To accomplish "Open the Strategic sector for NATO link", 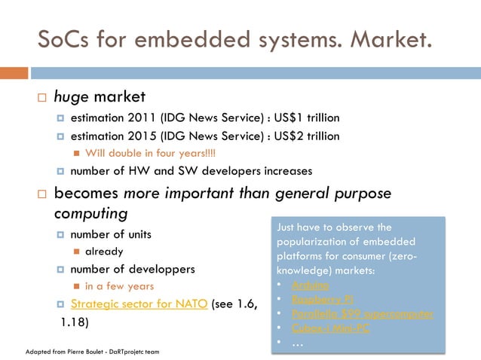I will [x=139, y=304].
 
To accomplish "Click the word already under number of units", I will [x=104, y=251].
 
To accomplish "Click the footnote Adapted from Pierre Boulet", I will [x=92, y=352].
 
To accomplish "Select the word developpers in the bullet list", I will [x=158, y=269].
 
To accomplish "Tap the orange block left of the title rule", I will [x=14, y=73].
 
